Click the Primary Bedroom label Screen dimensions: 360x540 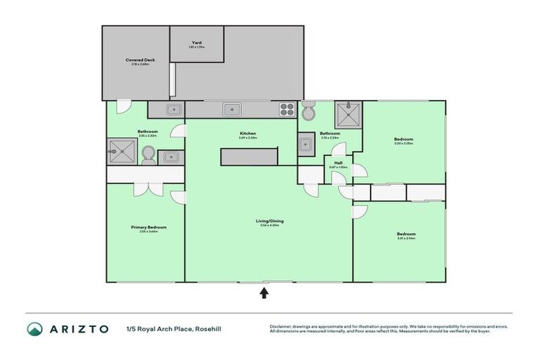click(x=148, y=227)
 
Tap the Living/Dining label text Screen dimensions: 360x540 click(x=269, y=221)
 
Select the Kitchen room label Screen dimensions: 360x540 click(x=247, y=133)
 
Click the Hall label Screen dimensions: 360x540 click(x=337, y=162)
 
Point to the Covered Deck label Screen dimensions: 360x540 click(x=141, y=60)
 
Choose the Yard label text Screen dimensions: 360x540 click(x=197, y=43)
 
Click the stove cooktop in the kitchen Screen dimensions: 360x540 click(x=287, y=109)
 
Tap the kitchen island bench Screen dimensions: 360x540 click(x=248, y=156)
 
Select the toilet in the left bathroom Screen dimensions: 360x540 click(x=148, y=154)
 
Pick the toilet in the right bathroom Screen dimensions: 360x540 click(x=309, y=110)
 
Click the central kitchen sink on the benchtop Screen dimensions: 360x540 click(x=230, y=109)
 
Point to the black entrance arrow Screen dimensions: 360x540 click(x=264, y=292)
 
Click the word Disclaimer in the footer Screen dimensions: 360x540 click(x=281, y=326)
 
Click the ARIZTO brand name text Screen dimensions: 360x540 click(x=78, y=328)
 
